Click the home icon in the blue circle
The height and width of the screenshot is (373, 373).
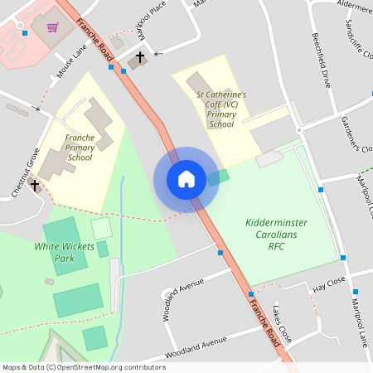pyautogui.click(x=186, y=179)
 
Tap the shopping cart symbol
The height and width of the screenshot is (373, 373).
pyautogui.click(x=54, y=27)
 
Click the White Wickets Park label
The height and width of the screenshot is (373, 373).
pyautogui.click(x=60, y=252)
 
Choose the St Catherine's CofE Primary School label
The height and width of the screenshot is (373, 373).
pyautogui.click(x=221, y=109)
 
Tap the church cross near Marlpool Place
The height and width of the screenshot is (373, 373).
pyautogui.click(x=139, y=57)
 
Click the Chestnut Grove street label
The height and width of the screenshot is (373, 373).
pyautogui.click(x=30, y=166)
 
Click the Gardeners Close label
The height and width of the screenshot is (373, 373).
pyautogui.click(x=356, y=133)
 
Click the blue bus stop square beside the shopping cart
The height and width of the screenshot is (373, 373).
pyautogui.click(x=26, y=33)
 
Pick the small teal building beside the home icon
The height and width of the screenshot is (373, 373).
pyautogui.click(x=217, y=177)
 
